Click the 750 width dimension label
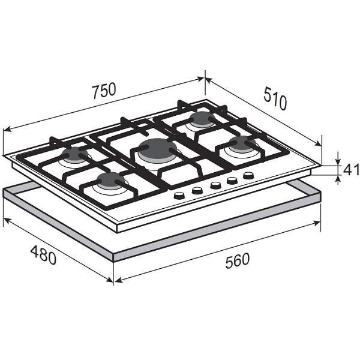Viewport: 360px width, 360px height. point(104,91)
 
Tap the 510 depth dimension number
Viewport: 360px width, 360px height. point(275,98)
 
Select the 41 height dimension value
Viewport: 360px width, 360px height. point(351,170)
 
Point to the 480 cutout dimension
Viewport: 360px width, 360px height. point(43,255)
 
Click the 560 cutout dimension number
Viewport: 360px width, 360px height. point(237,260)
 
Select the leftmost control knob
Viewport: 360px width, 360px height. point(179,195)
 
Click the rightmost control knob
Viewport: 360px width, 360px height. point(248,176)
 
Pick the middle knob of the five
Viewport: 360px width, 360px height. point(215,185)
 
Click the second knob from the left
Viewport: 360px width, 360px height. point(197,190)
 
